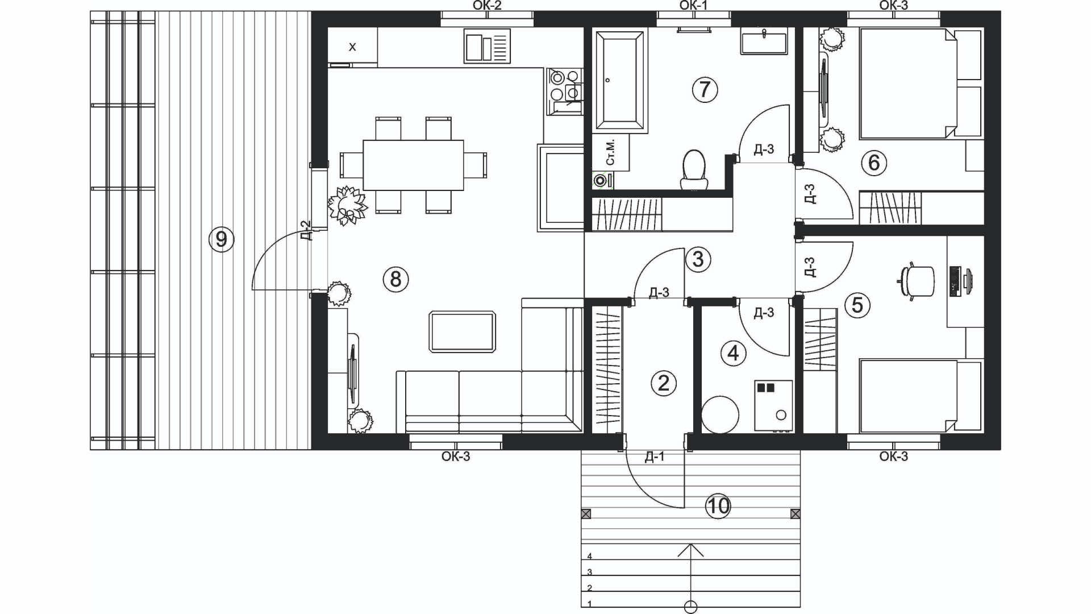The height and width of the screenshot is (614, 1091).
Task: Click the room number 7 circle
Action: pos(705,89)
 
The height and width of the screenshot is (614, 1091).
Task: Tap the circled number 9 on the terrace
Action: pos(222,239)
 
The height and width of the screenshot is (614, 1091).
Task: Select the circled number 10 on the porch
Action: pos(718,505)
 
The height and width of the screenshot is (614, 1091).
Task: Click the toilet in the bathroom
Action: pos(694,169)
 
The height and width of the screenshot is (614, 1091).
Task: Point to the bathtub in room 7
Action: pos(620,80)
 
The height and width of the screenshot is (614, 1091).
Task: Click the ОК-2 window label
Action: pos(487,6)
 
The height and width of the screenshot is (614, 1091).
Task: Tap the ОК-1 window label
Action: pos(694,6)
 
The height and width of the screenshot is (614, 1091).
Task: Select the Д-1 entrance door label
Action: pos(655,457)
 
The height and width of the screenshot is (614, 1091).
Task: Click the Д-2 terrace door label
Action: pos(306,230)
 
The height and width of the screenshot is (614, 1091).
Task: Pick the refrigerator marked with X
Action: pos(352,47)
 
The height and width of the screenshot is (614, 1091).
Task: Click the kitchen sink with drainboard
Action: pos(487,45)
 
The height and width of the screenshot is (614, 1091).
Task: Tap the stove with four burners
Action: pos(565,91)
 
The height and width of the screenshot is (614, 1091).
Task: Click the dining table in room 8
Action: pos(413,165)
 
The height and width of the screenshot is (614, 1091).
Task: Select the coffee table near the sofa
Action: pos(463,331)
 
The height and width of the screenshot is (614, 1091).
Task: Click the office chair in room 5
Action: pos(916,281)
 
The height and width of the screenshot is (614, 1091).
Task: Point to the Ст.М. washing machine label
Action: pos(610,152)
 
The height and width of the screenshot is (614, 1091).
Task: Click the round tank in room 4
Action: pos(721,415)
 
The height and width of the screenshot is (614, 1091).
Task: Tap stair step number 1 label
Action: pos(590,604)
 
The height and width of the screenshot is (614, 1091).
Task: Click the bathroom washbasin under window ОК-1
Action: pos(764,41)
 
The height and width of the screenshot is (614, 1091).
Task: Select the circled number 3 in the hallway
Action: pos(698,259)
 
